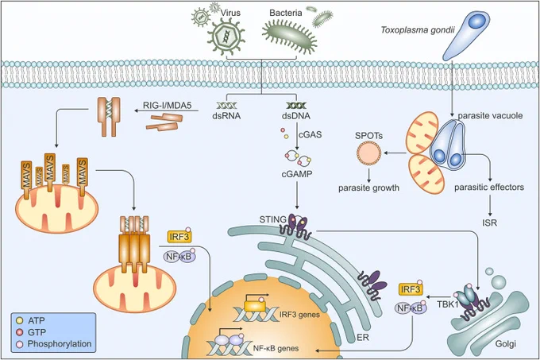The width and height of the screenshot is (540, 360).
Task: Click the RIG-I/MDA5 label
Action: [167, 105]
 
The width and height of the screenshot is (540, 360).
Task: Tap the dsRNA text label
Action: [226, 116]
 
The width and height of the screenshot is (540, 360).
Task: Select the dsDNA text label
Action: [296, 116]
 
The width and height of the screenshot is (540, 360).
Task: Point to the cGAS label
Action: [310, 134]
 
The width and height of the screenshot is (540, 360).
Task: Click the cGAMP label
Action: [297, 174]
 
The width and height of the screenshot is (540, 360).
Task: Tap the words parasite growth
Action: [368, 188]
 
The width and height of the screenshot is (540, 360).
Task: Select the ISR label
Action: [489, 223]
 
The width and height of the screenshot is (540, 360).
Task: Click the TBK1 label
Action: [448, 304]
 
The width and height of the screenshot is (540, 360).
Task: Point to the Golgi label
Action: [506, 344]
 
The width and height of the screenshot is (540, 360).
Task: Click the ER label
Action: [363, 337]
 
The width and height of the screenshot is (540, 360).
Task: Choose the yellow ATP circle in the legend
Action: [20, 320]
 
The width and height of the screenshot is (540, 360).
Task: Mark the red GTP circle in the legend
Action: [20, 332]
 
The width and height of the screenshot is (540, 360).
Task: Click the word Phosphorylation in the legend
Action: [60, 344]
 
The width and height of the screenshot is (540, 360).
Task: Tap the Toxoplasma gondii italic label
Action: [418, 30]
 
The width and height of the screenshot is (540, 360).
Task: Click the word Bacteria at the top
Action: [286, 13]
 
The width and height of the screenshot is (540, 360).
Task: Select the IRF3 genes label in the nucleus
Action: [299, 315]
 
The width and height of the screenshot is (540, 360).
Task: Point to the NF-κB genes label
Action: [276, 348]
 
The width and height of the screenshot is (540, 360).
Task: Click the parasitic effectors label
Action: [489, 188]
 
